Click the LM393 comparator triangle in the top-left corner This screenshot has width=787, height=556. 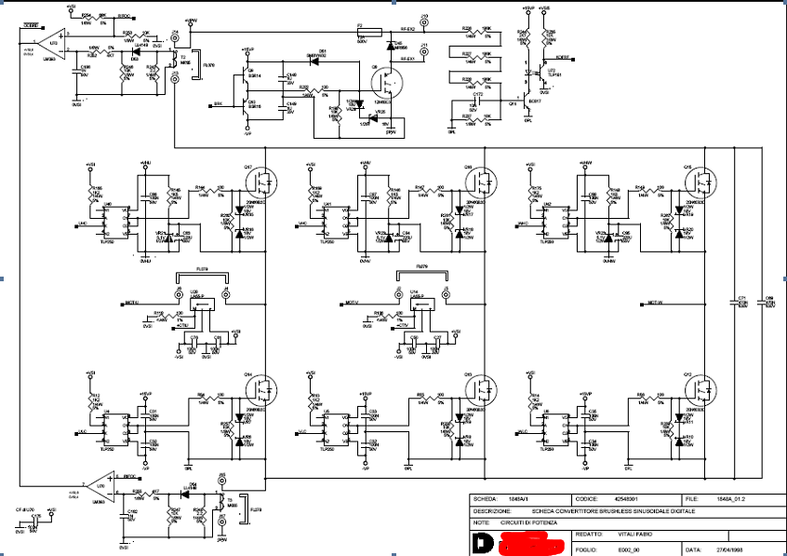tap(52, 43)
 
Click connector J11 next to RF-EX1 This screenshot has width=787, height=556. tap(423, 52)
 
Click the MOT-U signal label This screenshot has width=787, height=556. tap(130, 303)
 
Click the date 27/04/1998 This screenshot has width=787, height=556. tap(730, 549)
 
